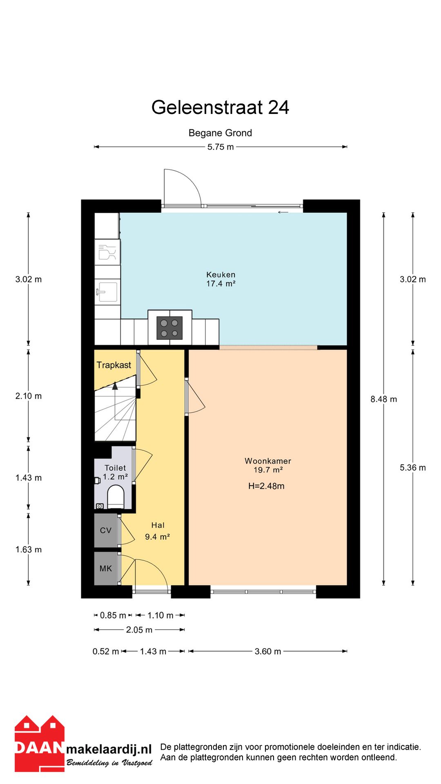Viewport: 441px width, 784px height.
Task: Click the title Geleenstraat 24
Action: pos(220,107)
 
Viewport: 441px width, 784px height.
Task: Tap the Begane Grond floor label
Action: pos(220,133)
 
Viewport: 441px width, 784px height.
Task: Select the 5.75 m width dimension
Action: pos(220,147)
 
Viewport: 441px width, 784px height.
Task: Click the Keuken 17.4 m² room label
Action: pos(221,279)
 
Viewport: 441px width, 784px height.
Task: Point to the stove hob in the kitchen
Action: pos(169,328)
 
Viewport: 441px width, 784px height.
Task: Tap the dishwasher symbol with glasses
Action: pos(107,252)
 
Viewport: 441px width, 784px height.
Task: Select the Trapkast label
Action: pos(114,365)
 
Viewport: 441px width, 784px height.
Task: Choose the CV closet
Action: pos(106,530)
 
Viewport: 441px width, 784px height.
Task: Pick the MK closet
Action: pos(106,568)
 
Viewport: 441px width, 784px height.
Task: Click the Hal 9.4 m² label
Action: pos(158,531)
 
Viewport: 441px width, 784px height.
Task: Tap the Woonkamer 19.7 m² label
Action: pos(268,465)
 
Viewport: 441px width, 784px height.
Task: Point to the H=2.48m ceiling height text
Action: pos(266,486)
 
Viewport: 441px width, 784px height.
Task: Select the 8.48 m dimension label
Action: pos(383,399)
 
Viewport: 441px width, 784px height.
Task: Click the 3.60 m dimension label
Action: pos(268,651)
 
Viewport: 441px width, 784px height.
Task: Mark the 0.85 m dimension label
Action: pos(113,615)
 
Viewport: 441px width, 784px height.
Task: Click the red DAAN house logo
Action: pos(40,744)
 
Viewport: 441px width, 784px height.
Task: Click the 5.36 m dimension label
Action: pos(413,468)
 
